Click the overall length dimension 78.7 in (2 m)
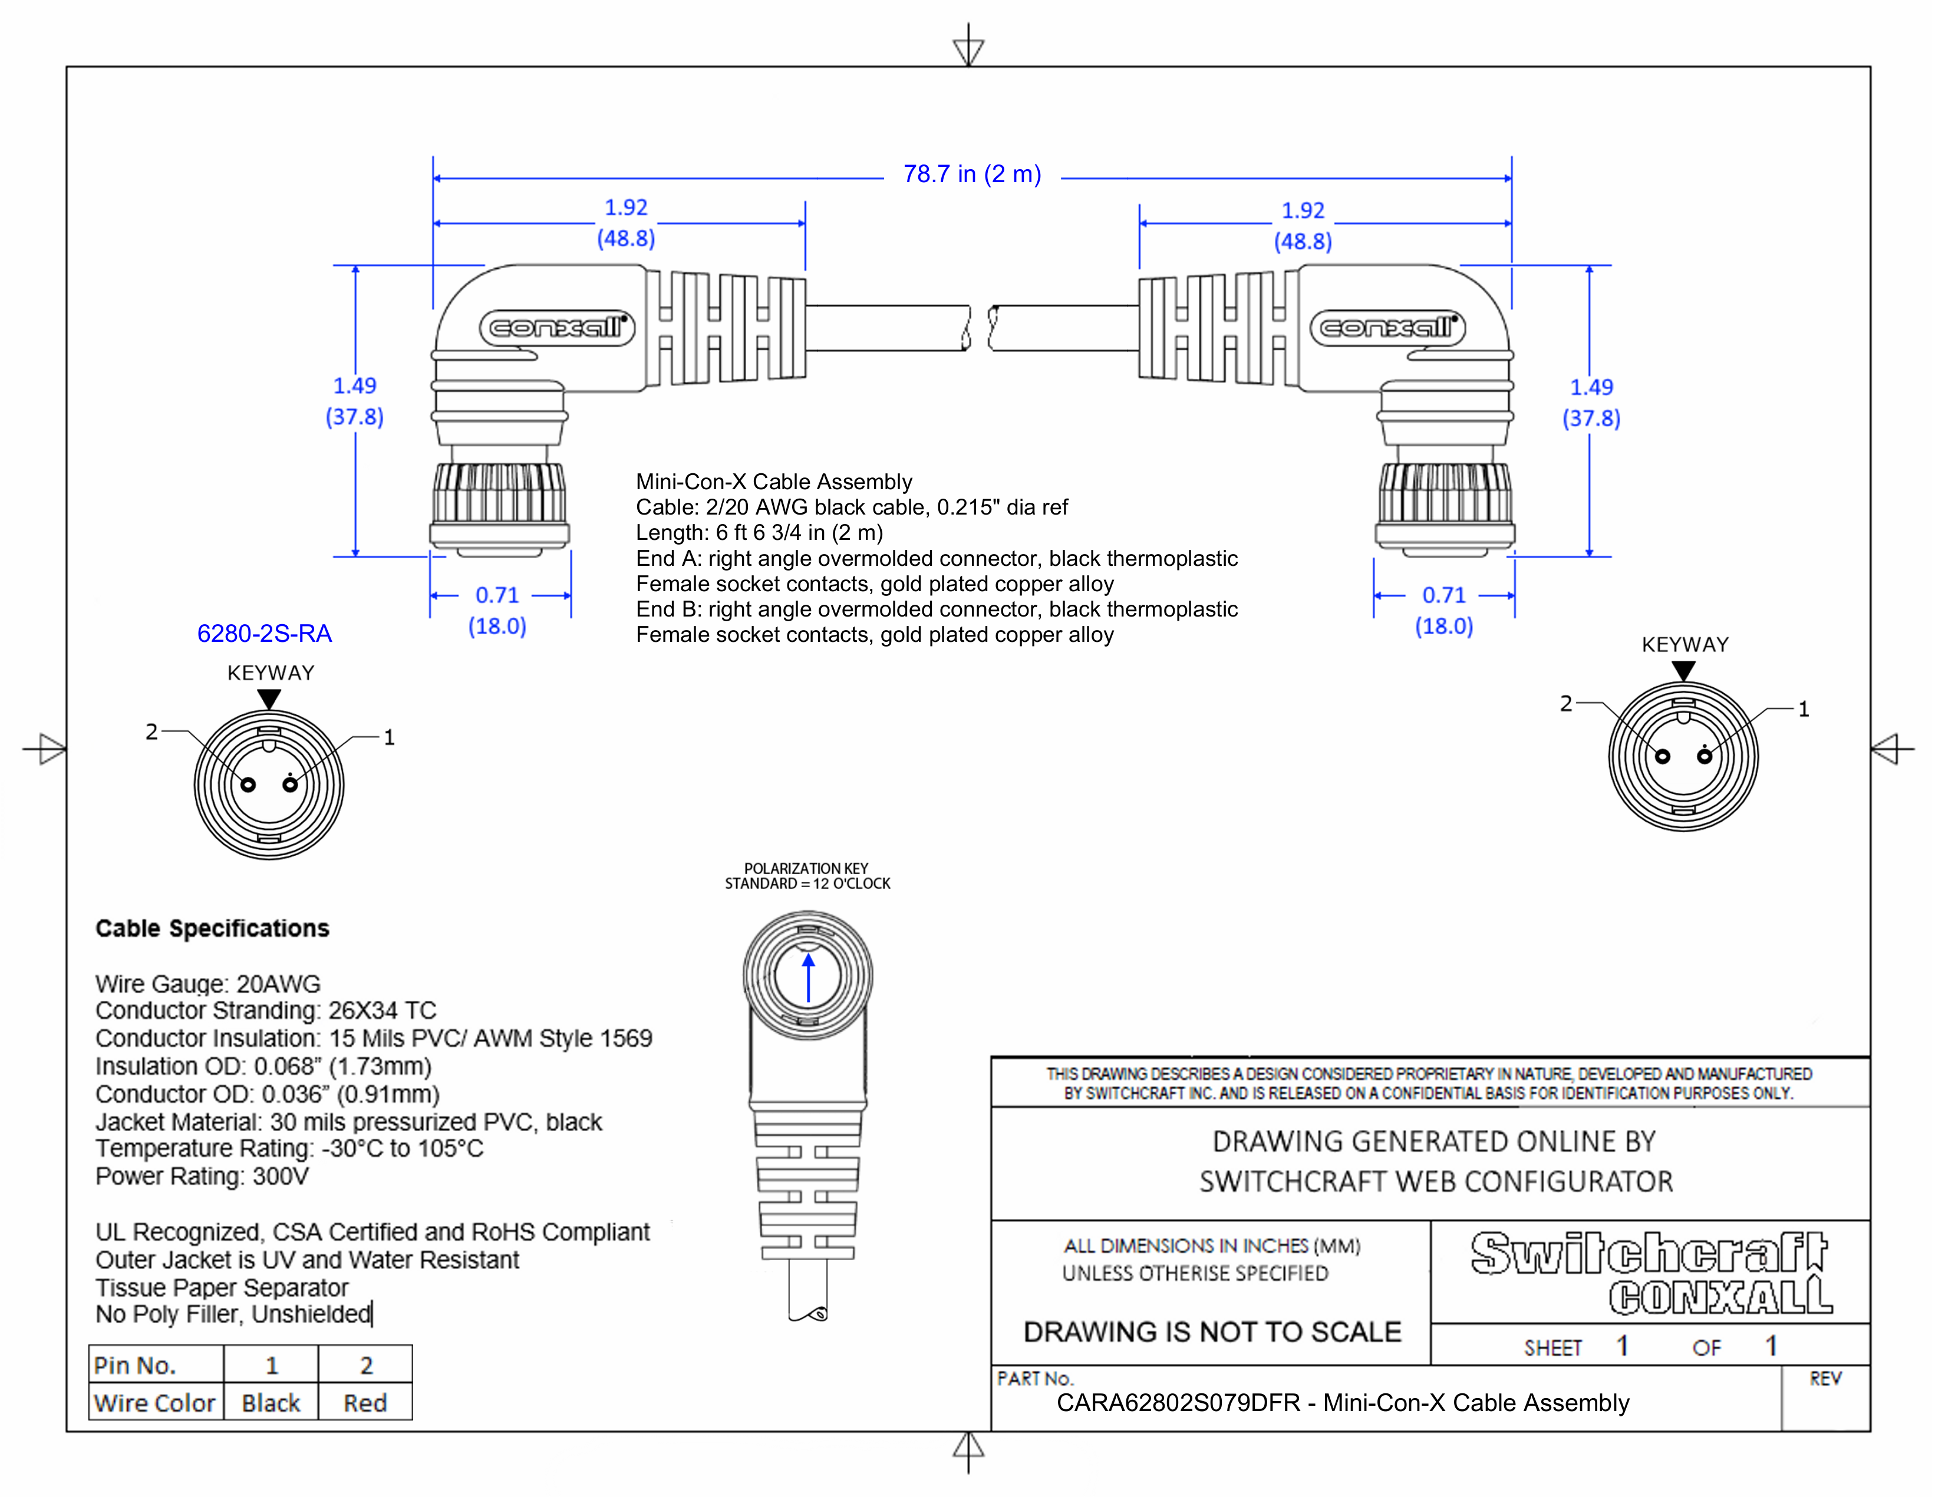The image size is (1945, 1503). (971, 174)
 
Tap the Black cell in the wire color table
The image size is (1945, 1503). (271, 1403)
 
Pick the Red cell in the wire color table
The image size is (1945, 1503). (365, 1403)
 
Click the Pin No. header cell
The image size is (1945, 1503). (136, 1365)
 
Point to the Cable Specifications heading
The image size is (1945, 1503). (212, 929)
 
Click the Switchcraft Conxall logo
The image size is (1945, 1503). (1650, 1273)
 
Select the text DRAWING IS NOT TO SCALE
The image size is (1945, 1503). (1212, 1332)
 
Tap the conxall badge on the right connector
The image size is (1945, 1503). (1387, 328)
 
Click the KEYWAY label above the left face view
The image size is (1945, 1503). (271, 673)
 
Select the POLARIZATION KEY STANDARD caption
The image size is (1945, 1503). (807, 876)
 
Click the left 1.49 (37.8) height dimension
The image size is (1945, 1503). (354, 401)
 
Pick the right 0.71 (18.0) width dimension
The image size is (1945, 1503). (1443, 610)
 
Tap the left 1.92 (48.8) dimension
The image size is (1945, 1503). (626, 223)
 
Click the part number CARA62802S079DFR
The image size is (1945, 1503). (1178, 1403)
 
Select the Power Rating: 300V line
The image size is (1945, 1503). (202, 1176)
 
